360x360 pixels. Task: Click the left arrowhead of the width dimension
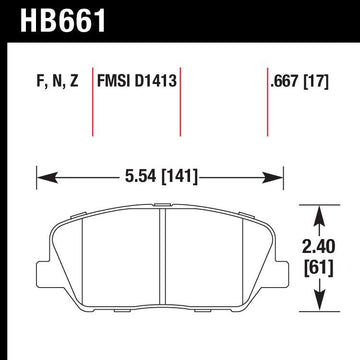[42, 177]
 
